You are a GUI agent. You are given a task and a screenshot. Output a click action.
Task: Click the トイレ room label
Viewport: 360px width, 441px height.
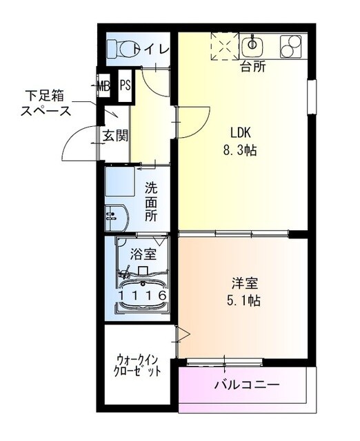152,49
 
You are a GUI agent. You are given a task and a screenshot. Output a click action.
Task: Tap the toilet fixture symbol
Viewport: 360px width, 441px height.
123,48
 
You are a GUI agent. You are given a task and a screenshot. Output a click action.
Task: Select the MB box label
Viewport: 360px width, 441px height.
103,86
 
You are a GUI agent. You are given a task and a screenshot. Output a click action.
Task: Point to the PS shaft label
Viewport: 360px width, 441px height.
125,86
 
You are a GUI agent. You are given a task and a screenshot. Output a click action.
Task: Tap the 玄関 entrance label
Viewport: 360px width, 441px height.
115,135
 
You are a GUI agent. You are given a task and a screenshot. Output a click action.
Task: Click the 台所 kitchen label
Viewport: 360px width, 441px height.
252,67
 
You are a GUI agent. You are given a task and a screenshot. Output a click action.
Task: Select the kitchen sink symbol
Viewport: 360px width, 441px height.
253,45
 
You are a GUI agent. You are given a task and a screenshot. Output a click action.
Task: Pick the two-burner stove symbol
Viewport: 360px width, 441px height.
292,46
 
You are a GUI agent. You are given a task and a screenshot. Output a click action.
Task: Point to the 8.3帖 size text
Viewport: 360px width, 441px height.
241,150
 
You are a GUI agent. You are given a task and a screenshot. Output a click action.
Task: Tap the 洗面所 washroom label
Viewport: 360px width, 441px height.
152,200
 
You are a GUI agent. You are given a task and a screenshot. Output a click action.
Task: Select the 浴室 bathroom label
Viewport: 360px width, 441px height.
143,254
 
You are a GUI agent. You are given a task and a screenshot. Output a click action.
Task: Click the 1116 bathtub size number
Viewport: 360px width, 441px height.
142,295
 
